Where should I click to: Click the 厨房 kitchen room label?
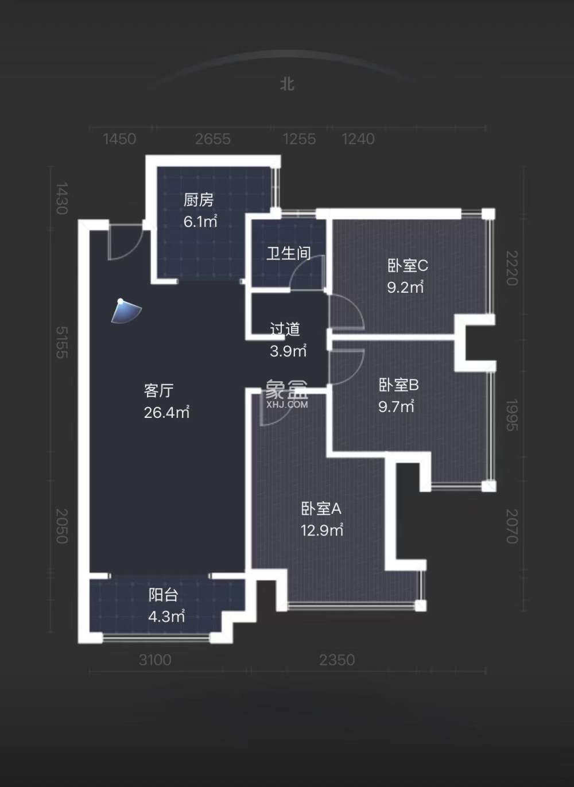click(x=198, y=200)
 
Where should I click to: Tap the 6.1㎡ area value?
click(x=200, y=221)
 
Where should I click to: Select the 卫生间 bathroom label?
click(x=288, y=253)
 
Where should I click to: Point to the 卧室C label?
click(x=408, y=265)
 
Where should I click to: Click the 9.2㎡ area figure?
click(x=405, y=287)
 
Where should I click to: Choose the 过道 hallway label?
click(x=285, y=329)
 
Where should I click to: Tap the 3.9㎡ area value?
click(x=288, y=351)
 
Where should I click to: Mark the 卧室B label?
click(x=398, y=385)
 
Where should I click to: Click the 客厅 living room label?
click(x=158, y=390)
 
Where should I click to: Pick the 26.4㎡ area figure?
click(x=166, y=412)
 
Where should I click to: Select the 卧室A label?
click(x=321, y=509)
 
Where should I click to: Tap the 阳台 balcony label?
click(x=163, y=595)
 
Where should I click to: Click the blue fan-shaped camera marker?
click(x=126, y=311)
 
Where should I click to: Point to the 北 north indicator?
click(x=287, y=84)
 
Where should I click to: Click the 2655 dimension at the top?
click(x=212, y=139)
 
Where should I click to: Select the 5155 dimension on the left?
click(x=61, y=342)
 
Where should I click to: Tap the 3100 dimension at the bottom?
click(x=155, y=660)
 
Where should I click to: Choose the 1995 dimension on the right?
click(x=511, y=415)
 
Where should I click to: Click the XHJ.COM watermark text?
click(x=287, y=404)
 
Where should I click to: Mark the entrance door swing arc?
click(x=124, y=244)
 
